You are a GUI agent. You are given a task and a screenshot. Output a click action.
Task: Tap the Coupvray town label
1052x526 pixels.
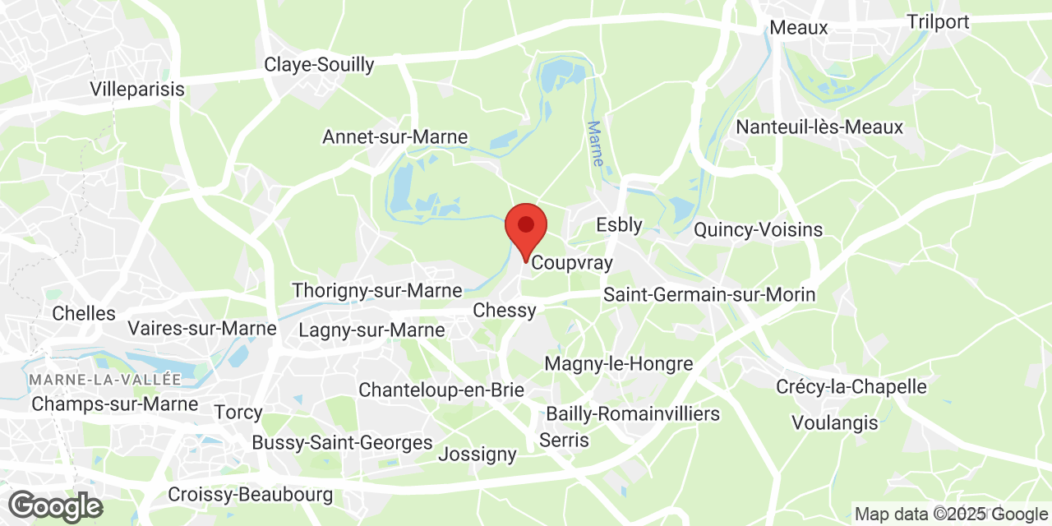[x=572, y=263]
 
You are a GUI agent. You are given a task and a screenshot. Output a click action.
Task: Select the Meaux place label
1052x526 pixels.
[x=799, y=28]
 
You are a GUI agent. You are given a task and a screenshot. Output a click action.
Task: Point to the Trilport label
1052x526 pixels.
[x=938, y=21]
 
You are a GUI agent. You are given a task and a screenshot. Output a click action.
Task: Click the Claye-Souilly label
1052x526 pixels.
[x=319, y=64]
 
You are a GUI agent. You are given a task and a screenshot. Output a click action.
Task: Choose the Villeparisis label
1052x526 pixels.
[x=138, y=89]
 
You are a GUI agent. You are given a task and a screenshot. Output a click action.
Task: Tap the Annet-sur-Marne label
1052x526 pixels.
[x=394, y=137]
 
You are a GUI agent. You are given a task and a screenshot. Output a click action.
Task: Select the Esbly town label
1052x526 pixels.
[x=619, y=224]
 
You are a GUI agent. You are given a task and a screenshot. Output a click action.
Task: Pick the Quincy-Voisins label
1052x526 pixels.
[x=758, y=229]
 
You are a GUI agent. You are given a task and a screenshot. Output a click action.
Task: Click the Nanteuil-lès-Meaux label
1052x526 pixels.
[x=819, y=127]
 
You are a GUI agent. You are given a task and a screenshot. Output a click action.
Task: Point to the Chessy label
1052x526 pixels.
[x=505, y=310]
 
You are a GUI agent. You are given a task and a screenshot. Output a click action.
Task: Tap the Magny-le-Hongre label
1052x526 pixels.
[x=619, y=363]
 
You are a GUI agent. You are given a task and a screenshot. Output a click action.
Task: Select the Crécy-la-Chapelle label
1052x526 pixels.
[x=851, y=386]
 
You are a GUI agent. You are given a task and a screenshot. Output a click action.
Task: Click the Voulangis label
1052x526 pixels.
[x=835, y=423]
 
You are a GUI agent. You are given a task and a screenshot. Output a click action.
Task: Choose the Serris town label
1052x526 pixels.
[x=564, y=440]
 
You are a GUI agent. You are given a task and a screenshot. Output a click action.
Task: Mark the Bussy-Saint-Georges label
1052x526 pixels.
[x=342, y=443]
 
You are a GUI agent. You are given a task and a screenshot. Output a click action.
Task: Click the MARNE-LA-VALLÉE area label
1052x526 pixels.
[x=104, y=380]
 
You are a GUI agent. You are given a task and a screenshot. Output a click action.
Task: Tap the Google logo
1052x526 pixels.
[x=54, y=505]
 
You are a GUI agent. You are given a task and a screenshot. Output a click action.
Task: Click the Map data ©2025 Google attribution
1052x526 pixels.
[x=950, y=514]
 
